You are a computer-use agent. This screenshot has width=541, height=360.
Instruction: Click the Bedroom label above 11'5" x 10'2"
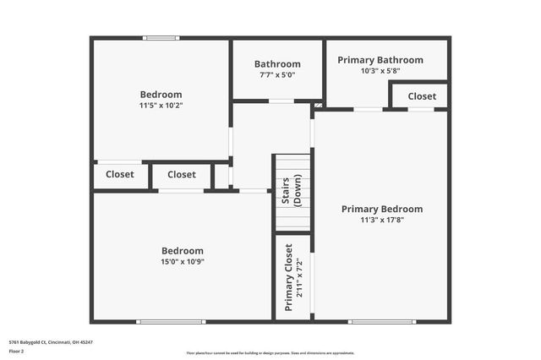pos(161,95)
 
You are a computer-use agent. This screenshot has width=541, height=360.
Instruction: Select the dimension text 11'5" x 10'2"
pos(161,106)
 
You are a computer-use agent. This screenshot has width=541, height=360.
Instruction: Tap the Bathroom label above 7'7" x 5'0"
pos(277,64)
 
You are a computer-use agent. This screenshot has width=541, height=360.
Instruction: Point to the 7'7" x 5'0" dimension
pos(277,75)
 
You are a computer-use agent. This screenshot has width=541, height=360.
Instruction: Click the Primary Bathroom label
pos(380,60)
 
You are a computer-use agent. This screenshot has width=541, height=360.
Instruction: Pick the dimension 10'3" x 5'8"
pos(380,71)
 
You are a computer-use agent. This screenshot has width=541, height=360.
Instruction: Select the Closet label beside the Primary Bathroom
pos(422,96)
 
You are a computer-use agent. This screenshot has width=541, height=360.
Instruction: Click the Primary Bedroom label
pos(382,209)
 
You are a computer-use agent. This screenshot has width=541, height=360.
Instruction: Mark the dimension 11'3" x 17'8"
pos(382,220)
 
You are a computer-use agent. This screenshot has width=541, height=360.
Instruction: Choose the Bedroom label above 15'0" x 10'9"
pos(183,251)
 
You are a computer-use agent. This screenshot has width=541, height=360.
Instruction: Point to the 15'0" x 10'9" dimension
pos(183,262)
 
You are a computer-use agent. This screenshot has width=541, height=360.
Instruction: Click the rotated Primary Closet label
pos(289,277)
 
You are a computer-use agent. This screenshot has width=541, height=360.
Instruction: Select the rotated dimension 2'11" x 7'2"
pos(299,277)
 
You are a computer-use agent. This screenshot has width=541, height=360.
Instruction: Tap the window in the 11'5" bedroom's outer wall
pos(161,37)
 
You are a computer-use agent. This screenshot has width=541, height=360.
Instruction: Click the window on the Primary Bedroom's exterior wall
pos(382,321)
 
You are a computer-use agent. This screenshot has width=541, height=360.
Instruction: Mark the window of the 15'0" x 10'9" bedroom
pos(171,321)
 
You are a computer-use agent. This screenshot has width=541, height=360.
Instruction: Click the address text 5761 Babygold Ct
pos(51,342)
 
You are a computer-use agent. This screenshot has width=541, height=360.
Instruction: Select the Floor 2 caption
pos(16,350)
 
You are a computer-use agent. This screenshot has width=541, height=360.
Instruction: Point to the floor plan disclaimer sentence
pos(270,353)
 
